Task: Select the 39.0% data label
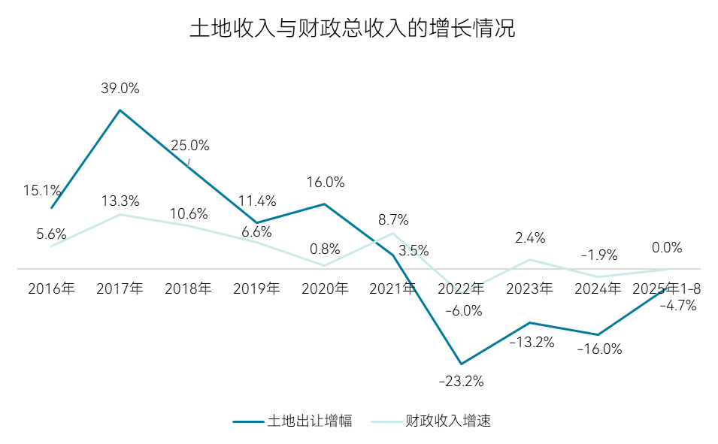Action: (120, 88)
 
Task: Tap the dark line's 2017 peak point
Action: (120, 110)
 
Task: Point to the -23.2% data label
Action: (461, 381)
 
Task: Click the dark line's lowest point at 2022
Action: (461, 364)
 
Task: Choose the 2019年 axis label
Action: (256, 288)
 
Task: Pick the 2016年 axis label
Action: (51, 288)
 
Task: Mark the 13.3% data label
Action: (120, 201)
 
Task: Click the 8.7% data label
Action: (392, 220)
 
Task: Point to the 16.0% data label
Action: (325, 182)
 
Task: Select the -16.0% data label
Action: (598, 349)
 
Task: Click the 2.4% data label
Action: (530, 238)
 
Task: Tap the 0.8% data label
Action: (325, 249)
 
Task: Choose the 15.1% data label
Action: (38, 190)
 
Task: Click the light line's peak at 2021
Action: (392, 233)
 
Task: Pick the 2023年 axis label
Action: (529, 288)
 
